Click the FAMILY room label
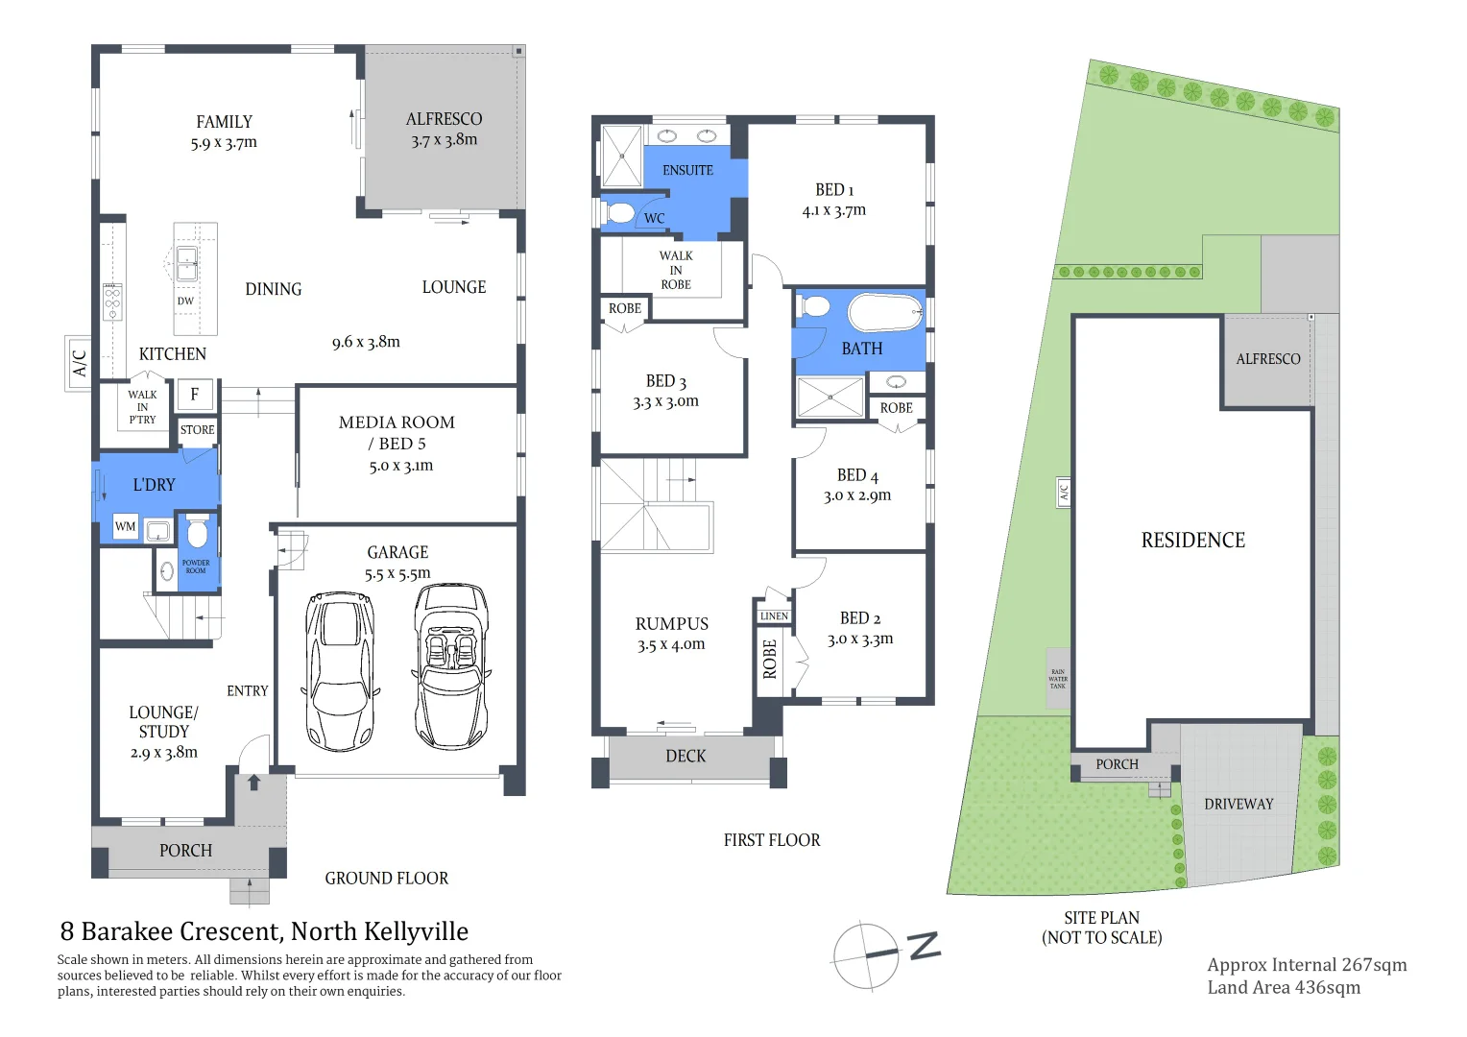224,122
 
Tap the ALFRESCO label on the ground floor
444,119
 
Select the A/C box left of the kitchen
79,363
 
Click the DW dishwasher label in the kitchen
185,301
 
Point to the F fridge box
195,394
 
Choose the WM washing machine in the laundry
125,526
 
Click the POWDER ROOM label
196,567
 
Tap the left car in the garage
339,670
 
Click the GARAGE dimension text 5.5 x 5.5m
397,573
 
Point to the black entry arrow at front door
254,783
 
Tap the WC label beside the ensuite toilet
654,218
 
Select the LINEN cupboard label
774,616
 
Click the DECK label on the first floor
685,757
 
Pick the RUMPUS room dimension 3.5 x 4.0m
671,645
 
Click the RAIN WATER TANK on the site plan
1058,679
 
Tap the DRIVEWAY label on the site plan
1239,804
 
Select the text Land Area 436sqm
1284,987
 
